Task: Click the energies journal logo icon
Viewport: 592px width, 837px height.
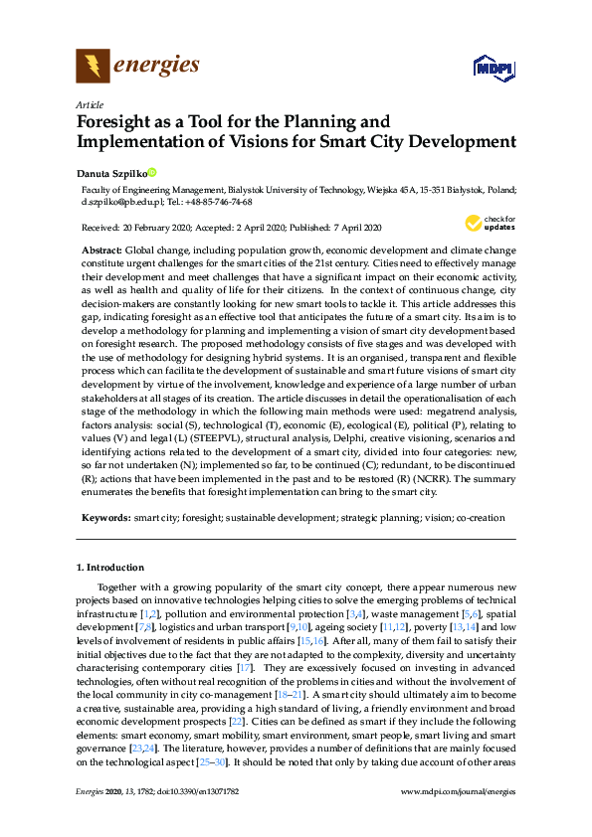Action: point(93,67)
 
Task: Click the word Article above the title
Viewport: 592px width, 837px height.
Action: point(89,103)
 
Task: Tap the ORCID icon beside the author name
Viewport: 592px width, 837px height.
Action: point(153,171)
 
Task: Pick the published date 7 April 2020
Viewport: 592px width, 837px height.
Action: point(356,228)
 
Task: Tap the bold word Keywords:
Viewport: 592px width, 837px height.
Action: point(105,518)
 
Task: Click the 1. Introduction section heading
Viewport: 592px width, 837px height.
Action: point(110,568)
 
